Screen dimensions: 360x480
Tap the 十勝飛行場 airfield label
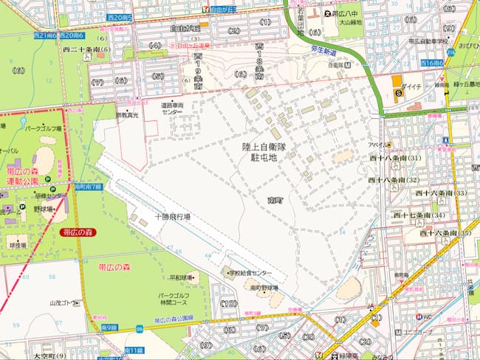pos(172,217)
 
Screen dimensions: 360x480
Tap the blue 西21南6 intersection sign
pos(46,35)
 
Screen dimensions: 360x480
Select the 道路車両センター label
pos(177,109)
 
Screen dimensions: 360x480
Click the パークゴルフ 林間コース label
pos(175,299)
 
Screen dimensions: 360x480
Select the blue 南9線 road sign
pos(107,328)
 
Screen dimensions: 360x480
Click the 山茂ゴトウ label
pos(64,302)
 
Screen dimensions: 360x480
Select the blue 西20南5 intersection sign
pos(119,16)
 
